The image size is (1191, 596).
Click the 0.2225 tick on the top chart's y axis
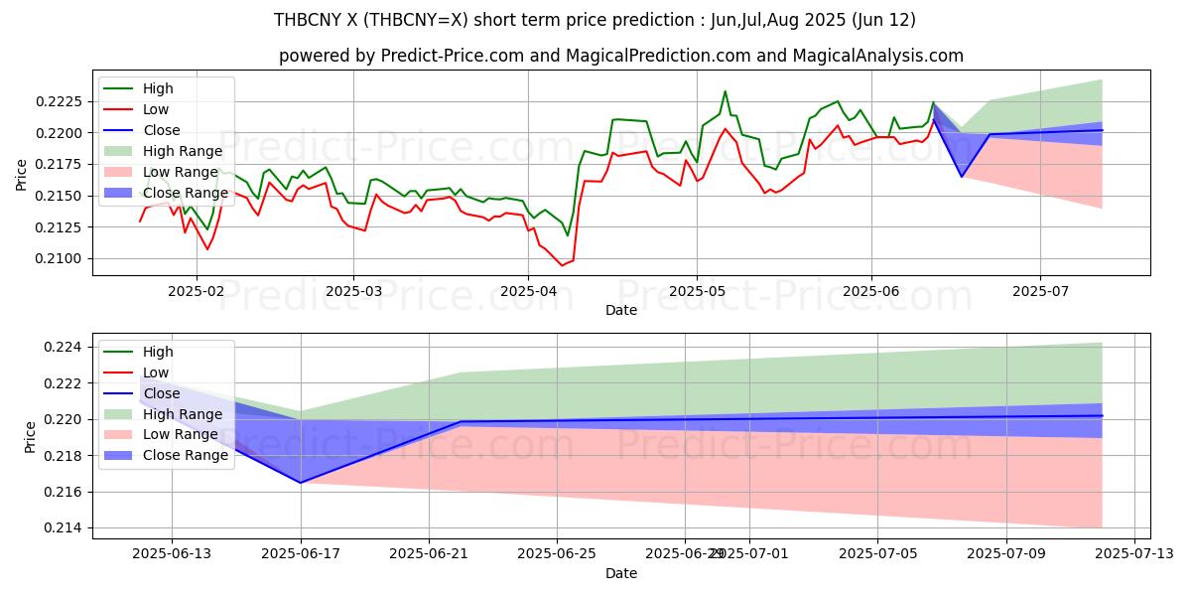click(x=64, y=101)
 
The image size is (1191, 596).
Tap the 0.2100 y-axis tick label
click(x=64, y=258)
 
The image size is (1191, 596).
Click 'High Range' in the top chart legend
click(x=174, y=151)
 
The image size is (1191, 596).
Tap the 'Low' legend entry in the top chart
click(x=156, y=109)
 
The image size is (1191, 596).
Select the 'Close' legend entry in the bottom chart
click(x=162, y=393)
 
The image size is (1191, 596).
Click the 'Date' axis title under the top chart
click(x=621, y=310)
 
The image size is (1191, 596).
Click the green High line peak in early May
click(x=725, y=91)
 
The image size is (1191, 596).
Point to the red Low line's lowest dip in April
click(x=562, y=265)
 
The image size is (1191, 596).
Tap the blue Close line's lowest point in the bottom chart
click(x=301, y=483)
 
